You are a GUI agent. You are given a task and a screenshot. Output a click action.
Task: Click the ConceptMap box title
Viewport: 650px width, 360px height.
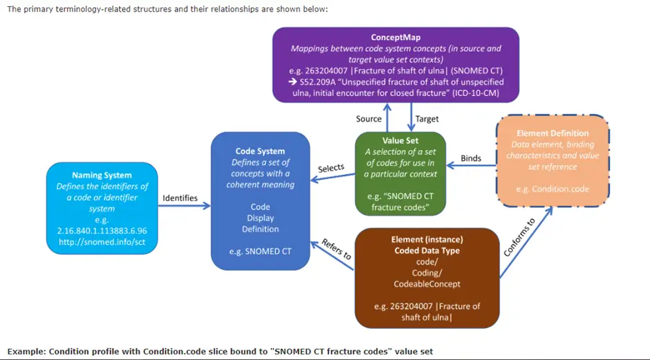tap(396, 37)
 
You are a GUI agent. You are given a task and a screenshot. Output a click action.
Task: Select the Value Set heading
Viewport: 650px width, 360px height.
tap(400, 140)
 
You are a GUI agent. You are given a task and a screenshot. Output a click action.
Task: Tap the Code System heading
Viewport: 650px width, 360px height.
tap(260, 151)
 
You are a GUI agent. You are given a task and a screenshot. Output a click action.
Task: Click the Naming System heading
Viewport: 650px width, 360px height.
tap(102, 176)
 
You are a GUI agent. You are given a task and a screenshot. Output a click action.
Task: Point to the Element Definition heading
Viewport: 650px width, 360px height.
tap(552, 133)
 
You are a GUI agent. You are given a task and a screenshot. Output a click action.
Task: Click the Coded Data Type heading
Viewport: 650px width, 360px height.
tap(427, 251)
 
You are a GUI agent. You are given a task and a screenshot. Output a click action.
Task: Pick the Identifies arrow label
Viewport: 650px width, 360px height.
tap(180, 198)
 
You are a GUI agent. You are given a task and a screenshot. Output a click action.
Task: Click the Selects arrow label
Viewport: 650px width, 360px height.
tap(331, 168)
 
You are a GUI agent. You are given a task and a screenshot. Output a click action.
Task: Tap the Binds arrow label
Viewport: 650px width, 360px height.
tap(471, 158)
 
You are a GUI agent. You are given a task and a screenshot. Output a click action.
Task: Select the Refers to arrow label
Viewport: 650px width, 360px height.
tap(336, 249)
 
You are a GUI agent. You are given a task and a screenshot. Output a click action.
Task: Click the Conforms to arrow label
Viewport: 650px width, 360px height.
tap(519, 238)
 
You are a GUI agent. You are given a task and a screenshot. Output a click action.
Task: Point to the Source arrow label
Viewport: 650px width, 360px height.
tap(369, 119)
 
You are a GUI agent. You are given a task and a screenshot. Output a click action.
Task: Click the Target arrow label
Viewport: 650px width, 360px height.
tap(427, 119)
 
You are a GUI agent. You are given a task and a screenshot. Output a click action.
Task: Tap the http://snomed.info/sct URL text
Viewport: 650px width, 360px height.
tap(102, 242)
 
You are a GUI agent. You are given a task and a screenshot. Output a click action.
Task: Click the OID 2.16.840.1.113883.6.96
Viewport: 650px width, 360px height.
tap(102, 231)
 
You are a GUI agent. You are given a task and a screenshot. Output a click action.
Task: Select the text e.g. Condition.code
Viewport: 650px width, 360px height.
tap(552, 189)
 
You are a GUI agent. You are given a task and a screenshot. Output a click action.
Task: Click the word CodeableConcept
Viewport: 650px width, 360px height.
tap(427, 284)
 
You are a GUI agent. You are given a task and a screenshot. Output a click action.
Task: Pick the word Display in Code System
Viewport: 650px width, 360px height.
tap(260, 218)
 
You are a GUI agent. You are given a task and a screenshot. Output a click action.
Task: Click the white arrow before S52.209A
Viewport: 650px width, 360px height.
tap(292, 82)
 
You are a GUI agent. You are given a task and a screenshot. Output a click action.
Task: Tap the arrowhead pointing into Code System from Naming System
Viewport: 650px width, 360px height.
tap(207, 206)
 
